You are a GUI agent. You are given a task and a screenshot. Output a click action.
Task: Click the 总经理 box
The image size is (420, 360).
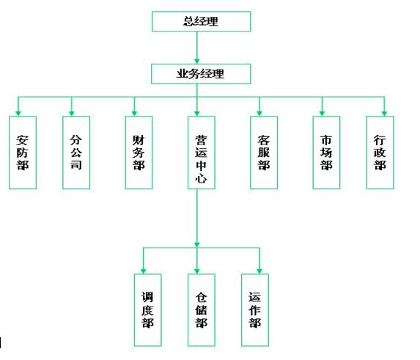[201, 21]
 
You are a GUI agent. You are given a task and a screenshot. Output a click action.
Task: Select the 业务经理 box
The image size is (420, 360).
[201, 73]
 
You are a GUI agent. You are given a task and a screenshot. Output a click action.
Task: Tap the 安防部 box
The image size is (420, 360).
[23, 153]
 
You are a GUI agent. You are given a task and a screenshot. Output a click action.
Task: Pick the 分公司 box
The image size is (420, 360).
[76, 153]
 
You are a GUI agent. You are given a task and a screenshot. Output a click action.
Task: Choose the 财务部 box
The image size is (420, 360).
[139, 153]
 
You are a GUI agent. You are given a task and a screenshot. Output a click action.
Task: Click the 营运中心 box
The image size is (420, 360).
[202, 153]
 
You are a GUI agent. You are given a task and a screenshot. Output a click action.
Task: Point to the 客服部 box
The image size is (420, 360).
[264, 153]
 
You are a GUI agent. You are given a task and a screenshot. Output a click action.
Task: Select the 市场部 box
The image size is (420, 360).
[326, 153]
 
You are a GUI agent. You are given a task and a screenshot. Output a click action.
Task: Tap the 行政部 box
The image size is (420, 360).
[380, 153]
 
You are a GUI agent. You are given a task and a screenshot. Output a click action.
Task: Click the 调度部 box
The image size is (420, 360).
[147, 310]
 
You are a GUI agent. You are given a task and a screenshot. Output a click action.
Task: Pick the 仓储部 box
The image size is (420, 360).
[202, 310]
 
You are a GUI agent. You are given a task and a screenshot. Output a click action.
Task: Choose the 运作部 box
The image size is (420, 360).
[255, 310]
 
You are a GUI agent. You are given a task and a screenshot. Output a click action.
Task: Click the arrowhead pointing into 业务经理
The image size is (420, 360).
[197, 61]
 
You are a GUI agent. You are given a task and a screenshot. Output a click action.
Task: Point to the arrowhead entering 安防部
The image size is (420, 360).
[18, 114]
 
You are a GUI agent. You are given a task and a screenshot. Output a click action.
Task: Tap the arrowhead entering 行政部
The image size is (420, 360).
[384, 114]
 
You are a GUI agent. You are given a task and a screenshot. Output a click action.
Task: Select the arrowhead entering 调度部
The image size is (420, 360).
[144, 271]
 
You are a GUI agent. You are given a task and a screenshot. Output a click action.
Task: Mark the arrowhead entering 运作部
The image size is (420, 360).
[259, 271]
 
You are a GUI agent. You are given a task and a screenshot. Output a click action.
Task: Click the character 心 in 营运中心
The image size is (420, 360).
[201, 178]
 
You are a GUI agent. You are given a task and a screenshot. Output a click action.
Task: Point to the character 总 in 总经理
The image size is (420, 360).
[189, 21]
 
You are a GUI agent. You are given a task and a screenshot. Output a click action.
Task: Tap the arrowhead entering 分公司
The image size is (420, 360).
[72, 114]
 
